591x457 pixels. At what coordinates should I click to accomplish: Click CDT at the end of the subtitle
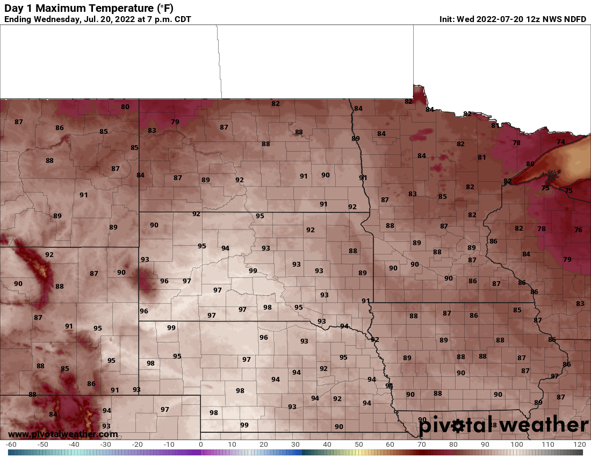pos(182,19)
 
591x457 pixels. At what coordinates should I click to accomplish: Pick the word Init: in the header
pos(447,19)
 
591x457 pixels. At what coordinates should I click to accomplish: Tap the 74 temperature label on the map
pos(561,142)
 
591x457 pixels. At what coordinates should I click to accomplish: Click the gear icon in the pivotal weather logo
pos(458,426)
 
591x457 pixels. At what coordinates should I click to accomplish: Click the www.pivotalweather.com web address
pos(63,434)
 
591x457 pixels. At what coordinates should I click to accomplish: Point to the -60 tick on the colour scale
pos(10,445)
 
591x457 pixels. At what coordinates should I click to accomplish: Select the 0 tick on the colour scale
pos(200,445)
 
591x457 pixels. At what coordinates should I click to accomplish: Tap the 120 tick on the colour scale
pos(579,445)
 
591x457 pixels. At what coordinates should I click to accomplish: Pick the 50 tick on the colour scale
pos(358,445)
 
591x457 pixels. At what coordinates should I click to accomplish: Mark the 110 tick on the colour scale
pos(547,445)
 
